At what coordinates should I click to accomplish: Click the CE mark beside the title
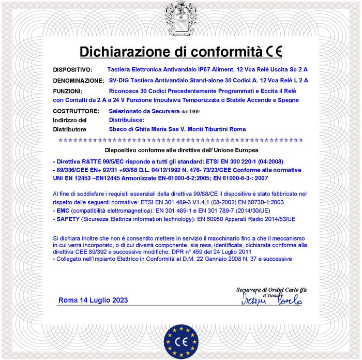pyautogui.click(x=275, y=52)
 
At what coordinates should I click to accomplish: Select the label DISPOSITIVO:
pyautogui.click(x=73, y=69)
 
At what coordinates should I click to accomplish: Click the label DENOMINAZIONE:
pyautogui.click(x=79, y=81)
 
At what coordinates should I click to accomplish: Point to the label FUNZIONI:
pyautogui.click(x=68, y=91)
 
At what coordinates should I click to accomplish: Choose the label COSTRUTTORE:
pyautogui.click(x=76, y=111)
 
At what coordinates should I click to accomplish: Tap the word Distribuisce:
pyautogui.click(x=126, y=120)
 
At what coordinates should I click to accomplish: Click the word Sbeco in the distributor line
pyautogui.click(x=118, y=129)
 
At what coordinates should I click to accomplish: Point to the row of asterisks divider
pyautogui.click(x=181, y=140)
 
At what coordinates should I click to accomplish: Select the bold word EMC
pyautogui.click(x=63, y=211)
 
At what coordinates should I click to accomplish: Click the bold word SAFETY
pyautogui.click(x=68, y=219)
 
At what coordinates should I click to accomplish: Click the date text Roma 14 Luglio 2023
pyautogui.click(x=93, y=300)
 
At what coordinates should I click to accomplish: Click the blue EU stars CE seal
pyautogui.click(x=182, y=342)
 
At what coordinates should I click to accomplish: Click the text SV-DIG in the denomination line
pyautogui.click(x=119, y=81)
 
